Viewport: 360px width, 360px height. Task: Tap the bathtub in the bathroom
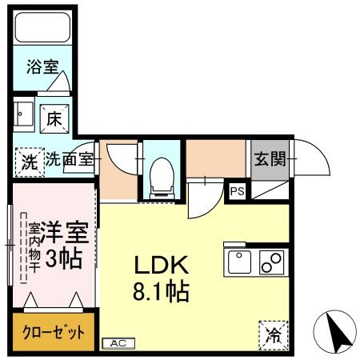point(43,30)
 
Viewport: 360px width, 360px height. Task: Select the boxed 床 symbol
point(55,119)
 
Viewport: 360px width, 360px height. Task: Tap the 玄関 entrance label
point(270,159)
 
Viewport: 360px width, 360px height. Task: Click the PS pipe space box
point(237,190)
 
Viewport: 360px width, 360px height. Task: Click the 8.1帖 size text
point(161,292)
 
